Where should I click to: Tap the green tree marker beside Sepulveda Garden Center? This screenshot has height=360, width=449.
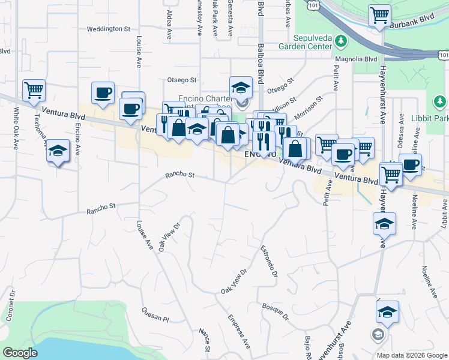point(342,41)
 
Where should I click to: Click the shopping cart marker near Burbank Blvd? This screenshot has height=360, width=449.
point(379,16)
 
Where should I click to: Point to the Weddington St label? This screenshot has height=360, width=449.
point(108,28)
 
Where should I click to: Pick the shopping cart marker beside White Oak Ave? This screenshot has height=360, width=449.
point(34,91)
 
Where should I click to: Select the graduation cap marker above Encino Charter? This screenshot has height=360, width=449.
point(240,87)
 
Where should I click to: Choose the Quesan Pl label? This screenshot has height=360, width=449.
point(155,314)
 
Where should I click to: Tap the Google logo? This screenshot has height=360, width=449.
point(20,353)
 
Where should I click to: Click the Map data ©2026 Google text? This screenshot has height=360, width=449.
point(411,355)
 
